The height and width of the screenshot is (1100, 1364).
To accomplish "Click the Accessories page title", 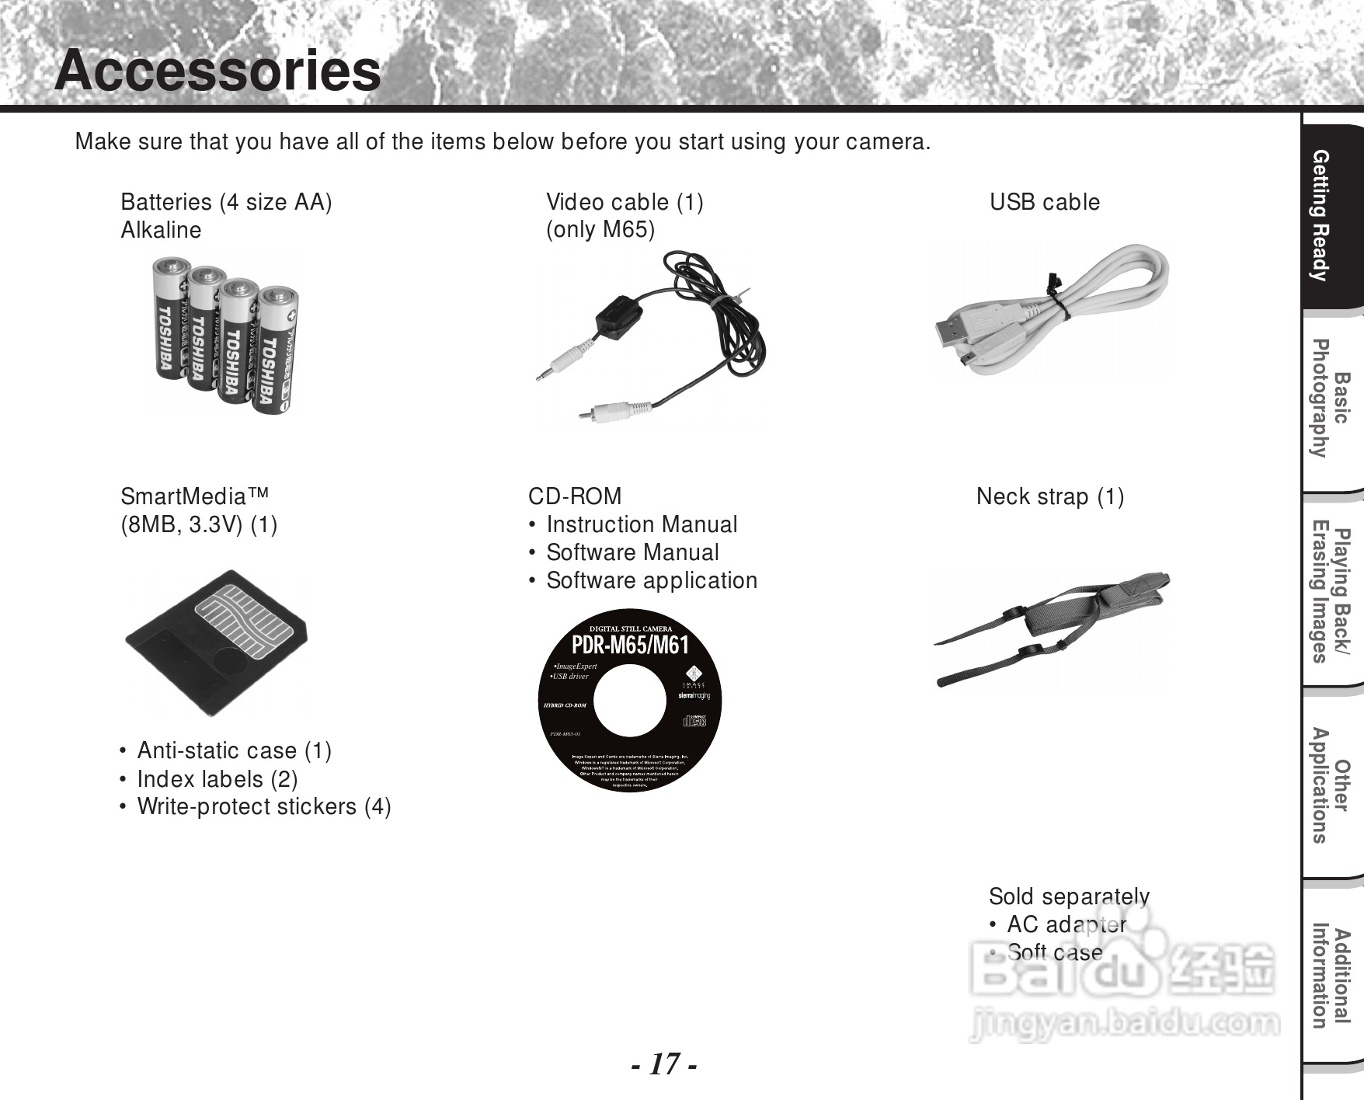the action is coord(217,71).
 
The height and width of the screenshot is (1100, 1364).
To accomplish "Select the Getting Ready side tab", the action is coord(1330,216).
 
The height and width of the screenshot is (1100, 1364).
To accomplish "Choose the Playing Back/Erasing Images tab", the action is coord(1330,595).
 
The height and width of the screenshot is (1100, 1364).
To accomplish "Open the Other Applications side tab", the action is coord(1330,786).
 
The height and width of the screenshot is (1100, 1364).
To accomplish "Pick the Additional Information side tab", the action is coord(1330,976).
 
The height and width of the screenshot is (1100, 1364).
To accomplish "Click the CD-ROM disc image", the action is coord(629,703).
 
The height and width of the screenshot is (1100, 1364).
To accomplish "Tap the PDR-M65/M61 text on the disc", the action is coord(630,645).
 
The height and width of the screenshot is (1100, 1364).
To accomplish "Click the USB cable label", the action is coord(1045,202).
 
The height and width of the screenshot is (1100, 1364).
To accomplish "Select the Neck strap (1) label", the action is coord(1050,496).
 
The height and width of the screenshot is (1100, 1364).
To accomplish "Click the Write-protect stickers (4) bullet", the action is coord(264,806).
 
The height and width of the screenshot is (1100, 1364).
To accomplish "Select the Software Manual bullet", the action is coord(632,552).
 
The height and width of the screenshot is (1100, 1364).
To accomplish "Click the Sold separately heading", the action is coord(1069,896).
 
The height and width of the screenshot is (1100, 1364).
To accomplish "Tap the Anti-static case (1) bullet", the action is coord(234,750).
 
